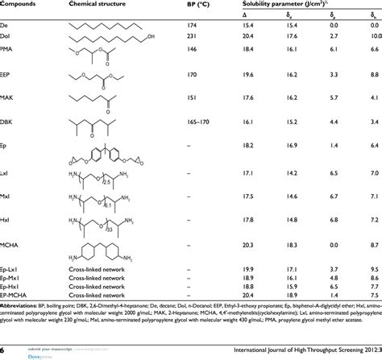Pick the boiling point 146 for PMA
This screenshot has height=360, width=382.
192,50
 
